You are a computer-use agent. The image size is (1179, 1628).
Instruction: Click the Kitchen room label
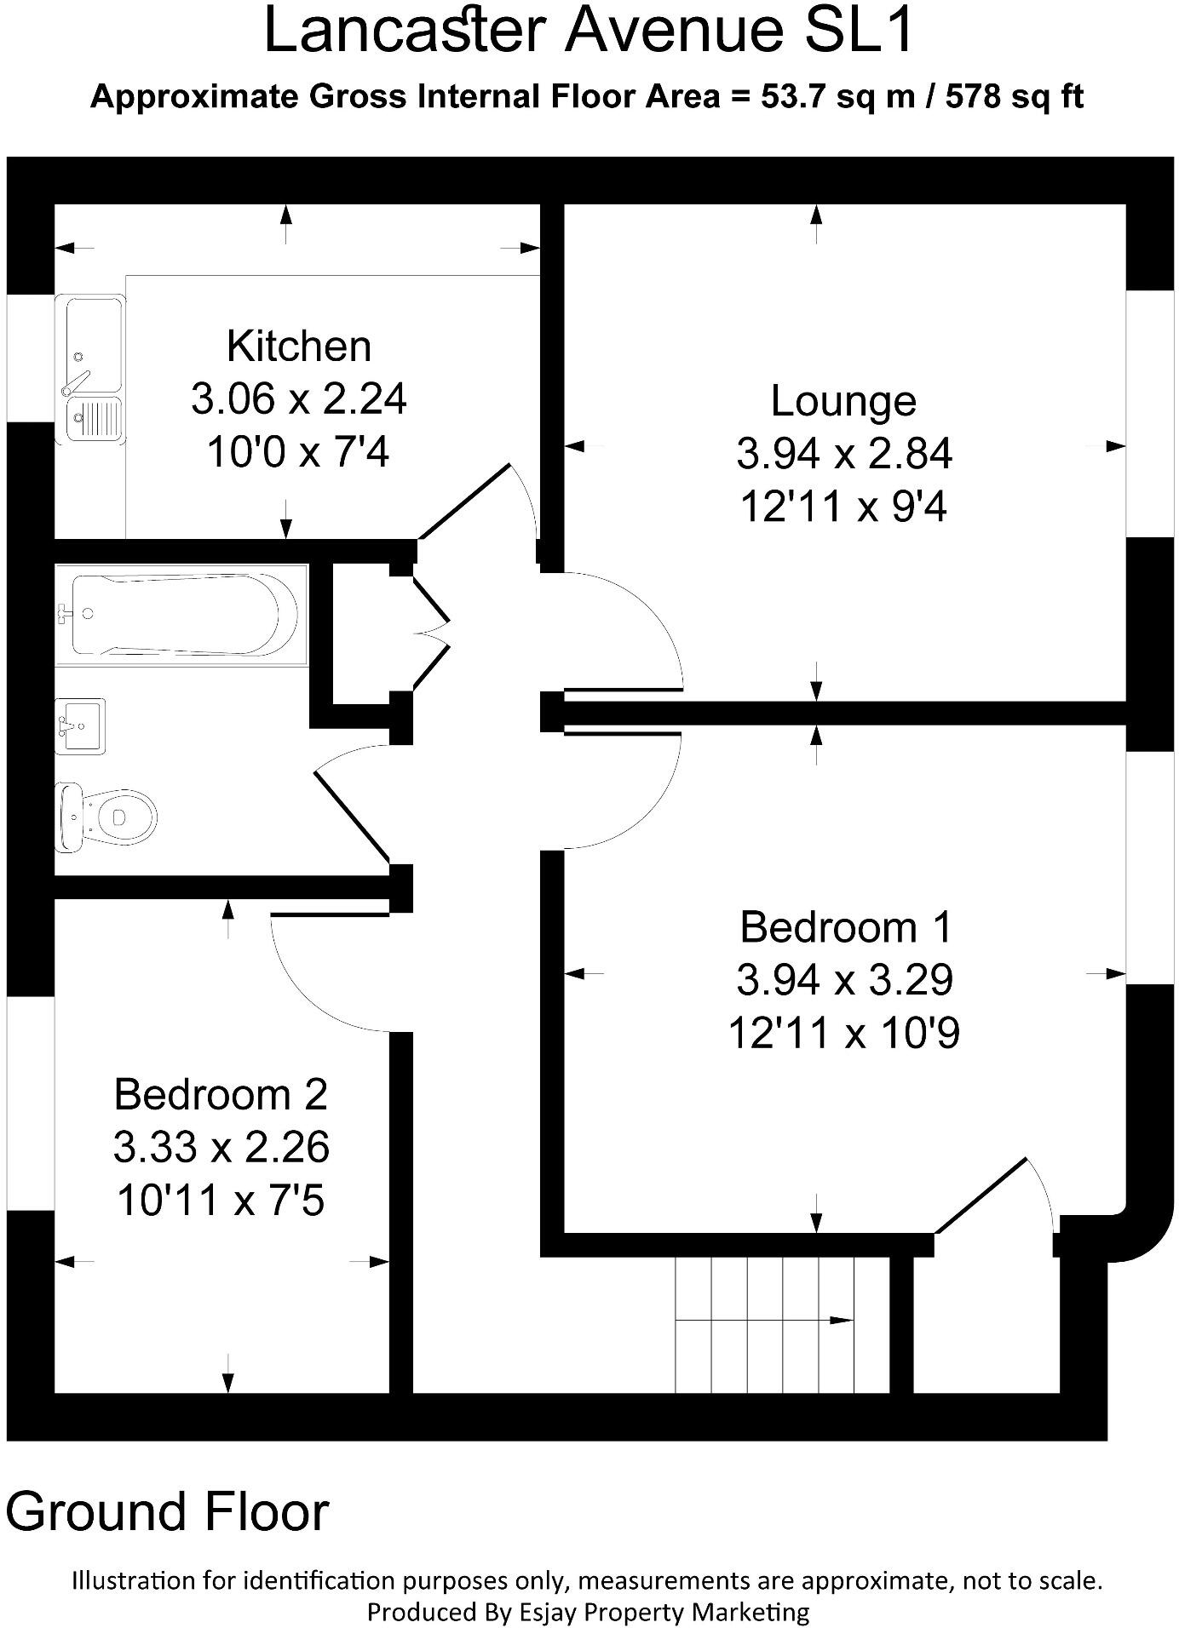299,347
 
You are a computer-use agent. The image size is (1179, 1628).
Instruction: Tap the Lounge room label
843,401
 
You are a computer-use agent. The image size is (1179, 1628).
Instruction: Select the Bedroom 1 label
844,927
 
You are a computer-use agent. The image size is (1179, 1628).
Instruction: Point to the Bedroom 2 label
221,1094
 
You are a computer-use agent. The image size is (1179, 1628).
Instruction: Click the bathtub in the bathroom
181,615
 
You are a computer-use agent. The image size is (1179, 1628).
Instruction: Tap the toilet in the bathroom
106,817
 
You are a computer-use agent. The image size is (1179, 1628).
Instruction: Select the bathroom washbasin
81,725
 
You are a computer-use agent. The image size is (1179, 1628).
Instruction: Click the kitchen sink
91,368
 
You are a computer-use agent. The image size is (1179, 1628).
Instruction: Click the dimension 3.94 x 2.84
843,454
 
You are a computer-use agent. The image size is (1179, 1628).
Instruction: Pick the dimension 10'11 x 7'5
221,1201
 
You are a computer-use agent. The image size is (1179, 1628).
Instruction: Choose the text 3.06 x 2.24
299,398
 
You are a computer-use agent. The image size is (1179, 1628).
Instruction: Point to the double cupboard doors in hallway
433,631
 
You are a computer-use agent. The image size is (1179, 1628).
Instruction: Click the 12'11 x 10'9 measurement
843,1034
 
